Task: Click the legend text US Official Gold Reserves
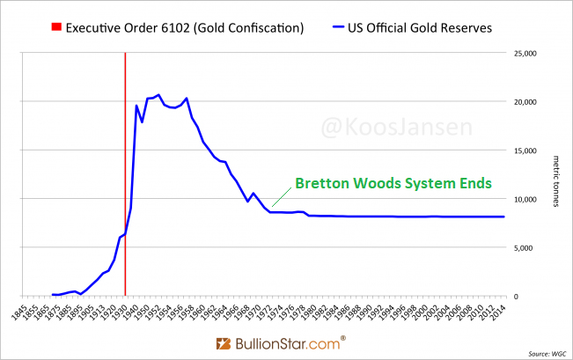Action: pos(429,28)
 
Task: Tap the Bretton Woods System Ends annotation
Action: pos(392,184)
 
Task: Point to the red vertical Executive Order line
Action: pos(125,176)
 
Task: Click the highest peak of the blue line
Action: pos(158,94)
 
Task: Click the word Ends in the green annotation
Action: pos(470,184)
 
